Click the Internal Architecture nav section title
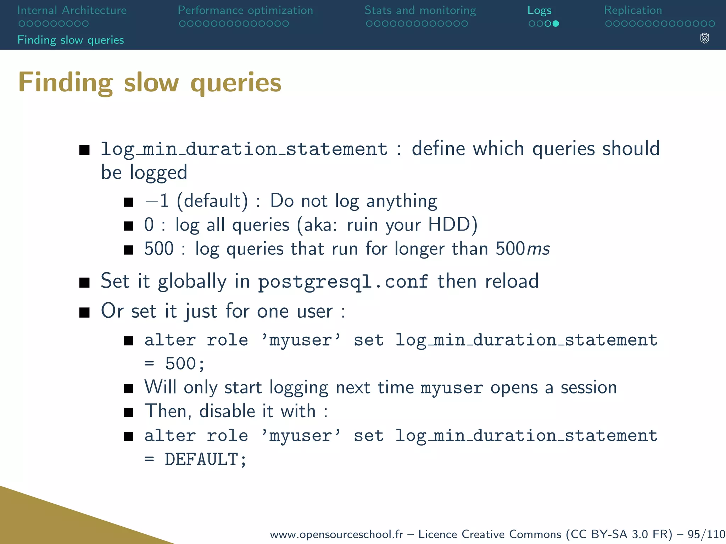click(72, 10)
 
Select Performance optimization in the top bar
click(245, 10)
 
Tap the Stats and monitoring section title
click(420, 10)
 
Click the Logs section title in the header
click(539, 11)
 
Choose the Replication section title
click(633, 10)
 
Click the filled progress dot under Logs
click(556, 24)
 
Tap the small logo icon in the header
click(704, 38)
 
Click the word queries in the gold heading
click(236, 83)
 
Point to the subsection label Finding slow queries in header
click(71, 40)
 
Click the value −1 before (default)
click(157, 201)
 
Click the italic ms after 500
click(538, 249)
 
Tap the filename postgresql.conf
click(343, 282)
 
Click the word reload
click(512, 281)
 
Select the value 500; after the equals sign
click(185, 364)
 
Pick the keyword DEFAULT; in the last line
click(205, 459)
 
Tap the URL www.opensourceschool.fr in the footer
click(336, 534)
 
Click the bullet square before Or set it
click(84, 312)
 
